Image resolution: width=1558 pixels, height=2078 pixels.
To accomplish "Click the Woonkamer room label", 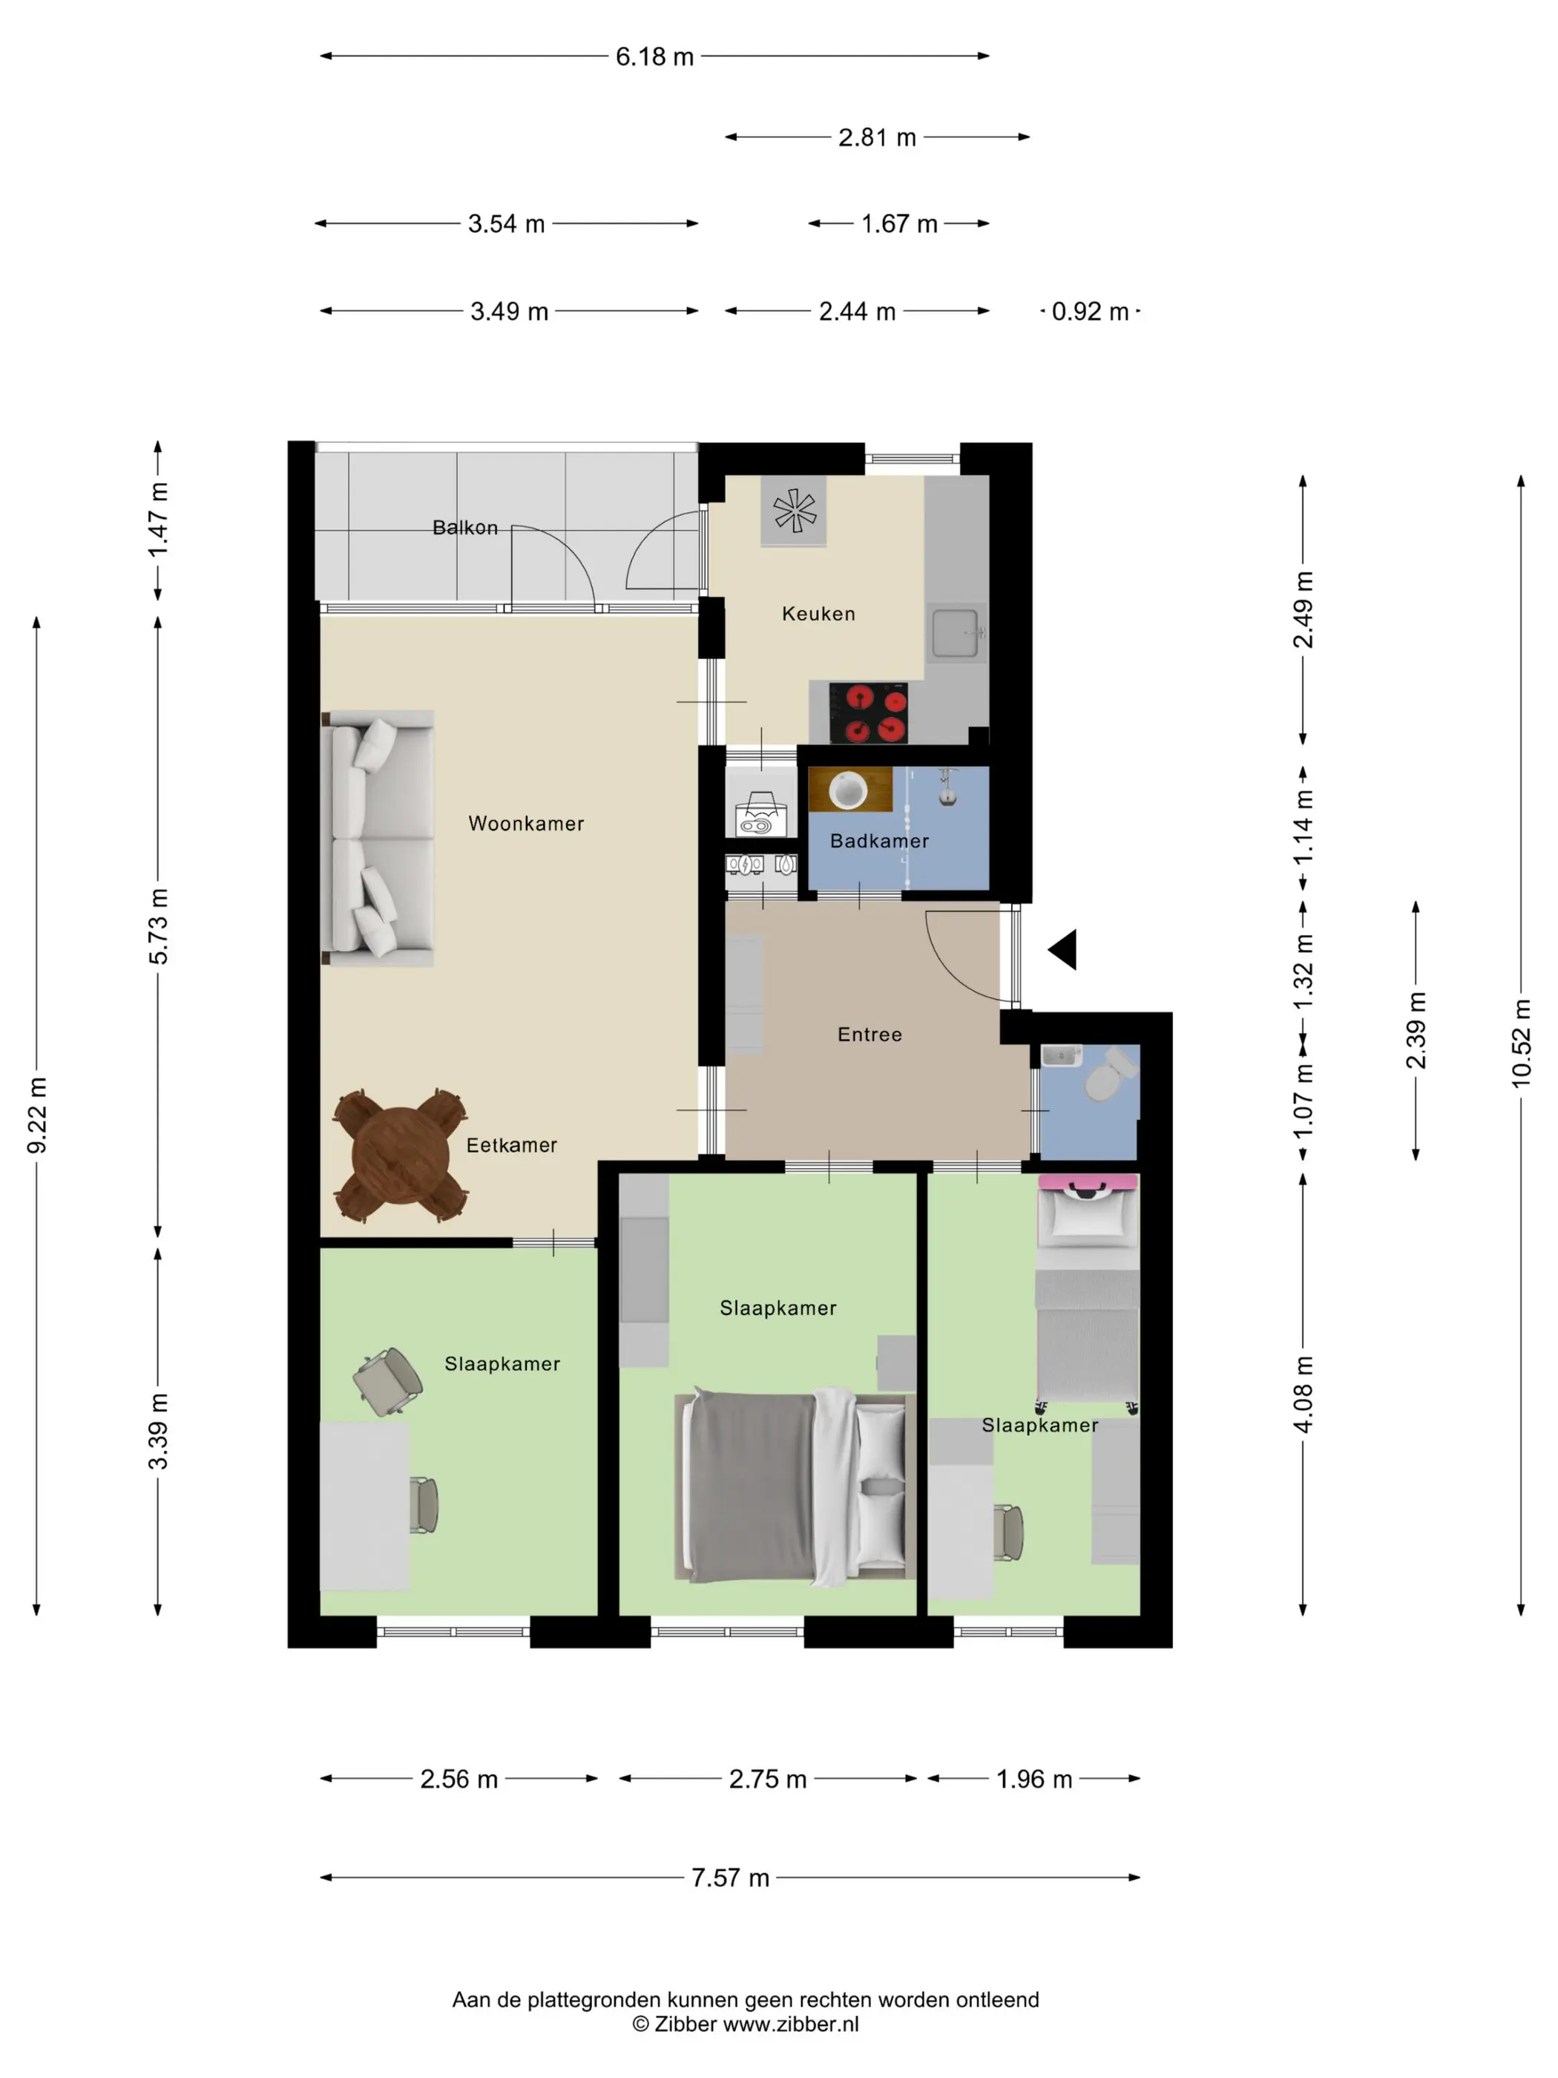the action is click(526, 824).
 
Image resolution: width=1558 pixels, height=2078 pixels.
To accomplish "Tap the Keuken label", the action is click(818, 614).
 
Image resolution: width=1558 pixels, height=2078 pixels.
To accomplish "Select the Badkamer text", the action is click(879, 841).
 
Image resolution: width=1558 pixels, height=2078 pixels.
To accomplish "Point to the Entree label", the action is click(870, 1035).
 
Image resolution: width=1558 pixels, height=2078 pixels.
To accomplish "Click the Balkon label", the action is click(465, 528).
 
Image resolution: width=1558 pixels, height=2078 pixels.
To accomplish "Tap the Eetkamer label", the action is click(512, 1145).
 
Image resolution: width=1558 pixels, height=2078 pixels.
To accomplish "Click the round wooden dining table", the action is click(401, 1156).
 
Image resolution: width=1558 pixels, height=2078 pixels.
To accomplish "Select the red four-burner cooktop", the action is click(869, 713).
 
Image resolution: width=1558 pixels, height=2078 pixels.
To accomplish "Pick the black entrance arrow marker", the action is click(1064, 950).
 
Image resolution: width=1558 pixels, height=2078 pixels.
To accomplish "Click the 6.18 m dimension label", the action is click(654, 57).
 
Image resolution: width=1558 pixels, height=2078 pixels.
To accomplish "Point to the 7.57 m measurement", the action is click(731, 1878).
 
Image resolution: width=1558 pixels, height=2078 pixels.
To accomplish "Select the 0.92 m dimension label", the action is click(1089, 312).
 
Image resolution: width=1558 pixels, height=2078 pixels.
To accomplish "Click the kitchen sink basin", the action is click(955, 632).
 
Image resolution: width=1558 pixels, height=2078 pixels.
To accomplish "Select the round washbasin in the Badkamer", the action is click(849, 790).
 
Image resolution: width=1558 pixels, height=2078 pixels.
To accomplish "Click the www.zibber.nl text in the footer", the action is click(791, 2025).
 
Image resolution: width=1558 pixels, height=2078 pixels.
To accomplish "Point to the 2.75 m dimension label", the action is click(767, 1779).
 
